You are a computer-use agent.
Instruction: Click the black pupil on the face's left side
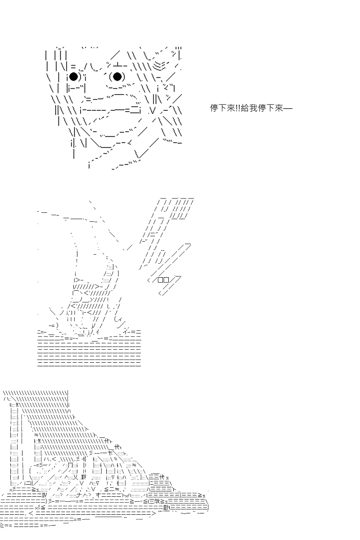(x=73, y=76)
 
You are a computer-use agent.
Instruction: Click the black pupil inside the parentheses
(x=117, y=76)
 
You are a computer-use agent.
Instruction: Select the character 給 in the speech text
(x=245, y=108)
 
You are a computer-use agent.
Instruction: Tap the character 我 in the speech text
(x=253, y=108)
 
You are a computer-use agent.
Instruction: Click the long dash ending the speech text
(x=288, y=108)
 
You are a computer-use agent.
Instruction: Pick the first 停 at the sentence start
(x=214, y=108)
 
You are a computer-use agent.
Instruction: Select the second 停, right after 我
(x=262, y=108)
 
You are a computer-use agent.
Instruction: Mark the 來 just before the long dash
(x=279, y=108)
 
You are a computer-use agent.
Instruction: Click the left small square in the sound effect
(x=160, y=280)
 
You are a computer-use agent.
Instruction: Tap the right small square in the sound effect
(x=166, y=280)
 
